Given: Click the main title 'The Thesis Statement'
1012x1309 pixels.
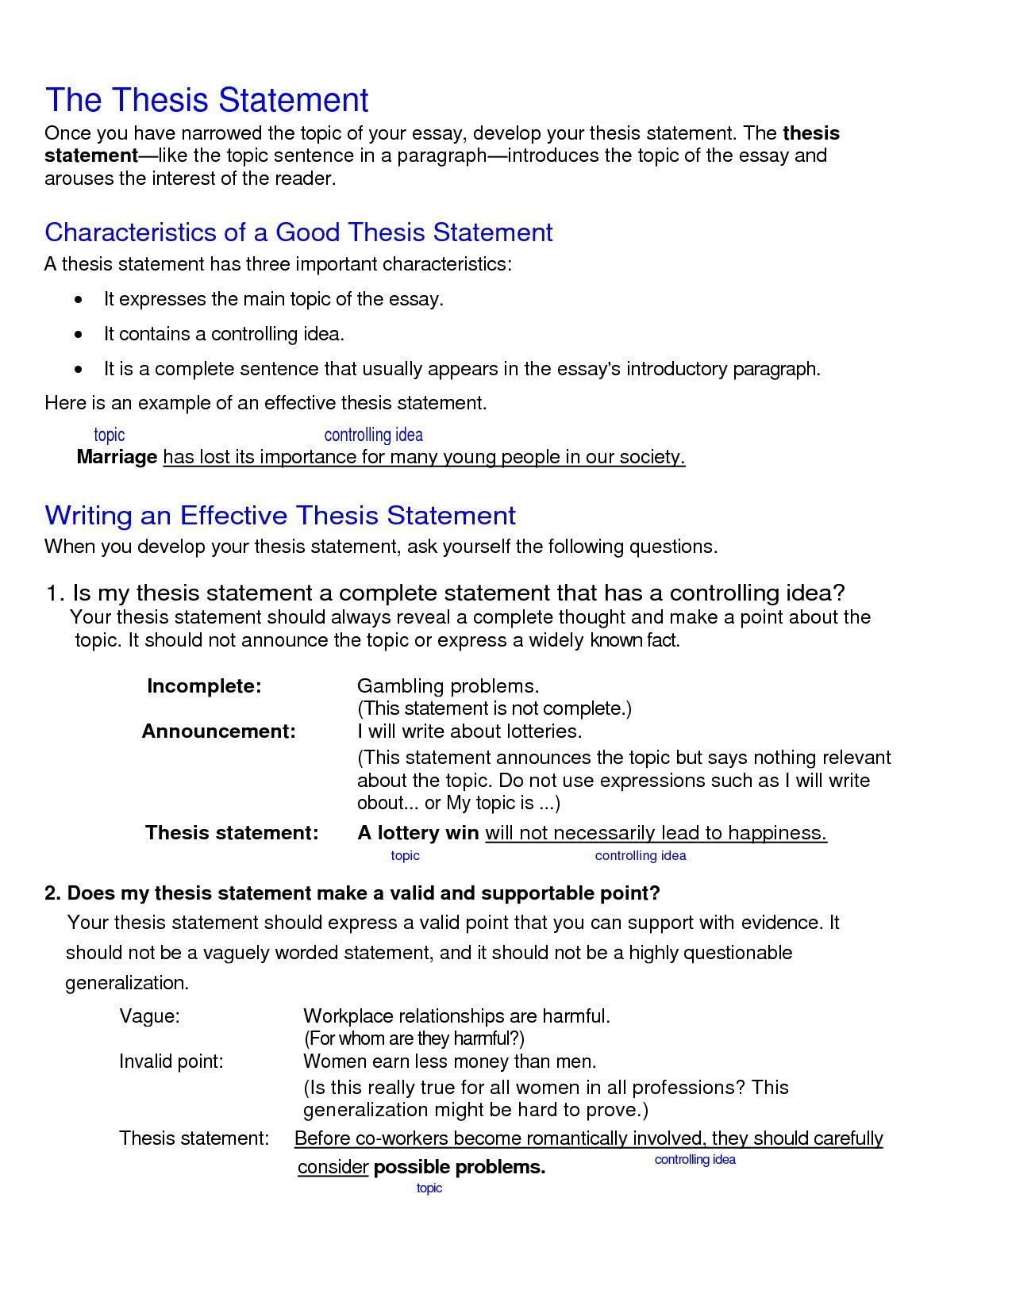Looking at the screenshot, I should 206,100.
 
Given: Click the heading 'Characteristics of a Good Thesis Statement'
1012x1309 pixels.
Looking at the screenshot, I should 298,232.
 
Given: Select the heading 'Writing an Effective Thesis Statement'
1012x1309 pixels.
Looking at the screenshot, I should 280,516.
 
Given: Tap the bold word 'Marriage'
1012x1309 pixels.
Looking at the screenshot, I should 117,458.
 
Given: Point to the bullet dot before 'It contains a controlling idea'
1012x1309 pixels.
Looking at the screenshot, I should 78,335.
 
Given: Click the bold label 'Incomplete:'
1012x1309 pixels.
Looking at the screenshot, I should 204,686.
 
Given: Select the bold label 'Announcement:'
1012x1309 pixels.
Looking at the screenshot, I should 218,731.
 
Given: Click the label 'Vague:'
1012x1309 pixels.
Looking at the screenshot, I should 149,1016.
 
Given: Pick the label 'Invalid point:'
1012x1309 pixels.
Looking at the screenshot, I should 171,1061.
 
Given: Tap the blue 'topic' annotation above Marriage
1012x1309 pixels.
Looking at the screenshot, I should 109,435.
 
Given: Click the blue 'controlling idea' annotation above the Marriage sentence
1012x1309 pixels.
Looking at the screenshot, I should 373,435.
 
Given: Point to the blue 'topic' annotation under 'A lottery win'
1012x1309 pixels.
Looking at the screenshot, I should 405,856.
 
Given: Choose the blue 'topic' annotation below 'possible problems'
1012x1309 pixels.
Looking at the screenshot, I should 429,1188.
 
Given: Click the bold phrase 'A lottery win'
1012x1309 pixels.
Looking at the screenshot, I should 418,833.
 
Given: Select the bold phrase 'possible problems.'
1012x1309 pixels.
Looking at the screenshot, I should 460,1168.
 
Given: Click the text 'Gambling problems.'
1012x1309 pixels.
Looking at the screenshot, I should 448,686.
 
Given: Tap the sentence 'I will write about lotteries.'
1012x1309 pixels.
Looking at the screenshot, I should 470,731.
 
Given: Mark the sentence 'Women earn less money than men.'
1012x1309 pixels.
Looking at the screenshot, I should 449,1061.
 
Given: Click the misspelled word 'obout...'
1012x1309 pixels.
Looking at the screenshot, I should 386,804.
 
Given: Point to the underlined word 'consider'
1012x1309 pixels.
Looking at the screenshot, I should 333,1168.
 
